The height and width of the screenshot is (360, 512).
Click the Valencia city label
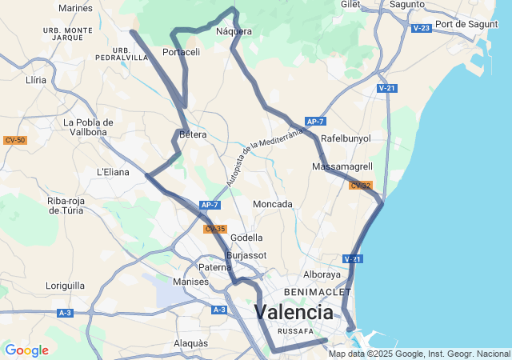tap(294, 311)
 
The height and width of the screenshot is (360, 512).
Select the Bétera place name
tap(193, 134)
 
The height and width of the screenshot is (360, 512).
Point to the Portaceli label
tap(181, 52)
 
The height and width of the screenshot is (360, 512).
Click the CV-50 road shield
tap(14, 140)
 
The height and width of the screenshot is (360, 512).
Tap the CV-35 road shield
tap(214, 229)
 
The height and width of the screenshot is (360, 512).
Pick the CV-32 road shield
tap(360, 186)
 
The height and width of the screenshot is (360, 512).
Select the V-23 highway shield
tap(422, 28)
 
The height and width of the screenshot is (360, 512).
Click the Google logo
tap(26, 350)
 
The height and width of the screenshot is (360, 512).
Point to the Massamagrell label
tap(342, 166)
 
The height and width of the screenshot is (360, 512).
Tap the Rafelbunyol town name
tap(346, 138)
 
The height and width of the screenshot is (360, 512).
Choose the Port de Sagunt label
tap(466, 24)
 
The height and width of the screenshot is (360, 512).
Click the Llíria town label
tap(36, 80)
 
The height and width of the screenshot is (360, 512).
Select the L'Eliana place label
tap(113, 171)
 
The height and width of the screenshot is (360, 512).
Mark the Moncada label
tap(272, 204)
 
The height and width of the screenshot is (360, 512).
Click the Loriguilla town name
tap(65, 285)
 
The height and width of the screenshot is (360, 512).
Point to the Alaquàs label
tap(190, 342)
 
